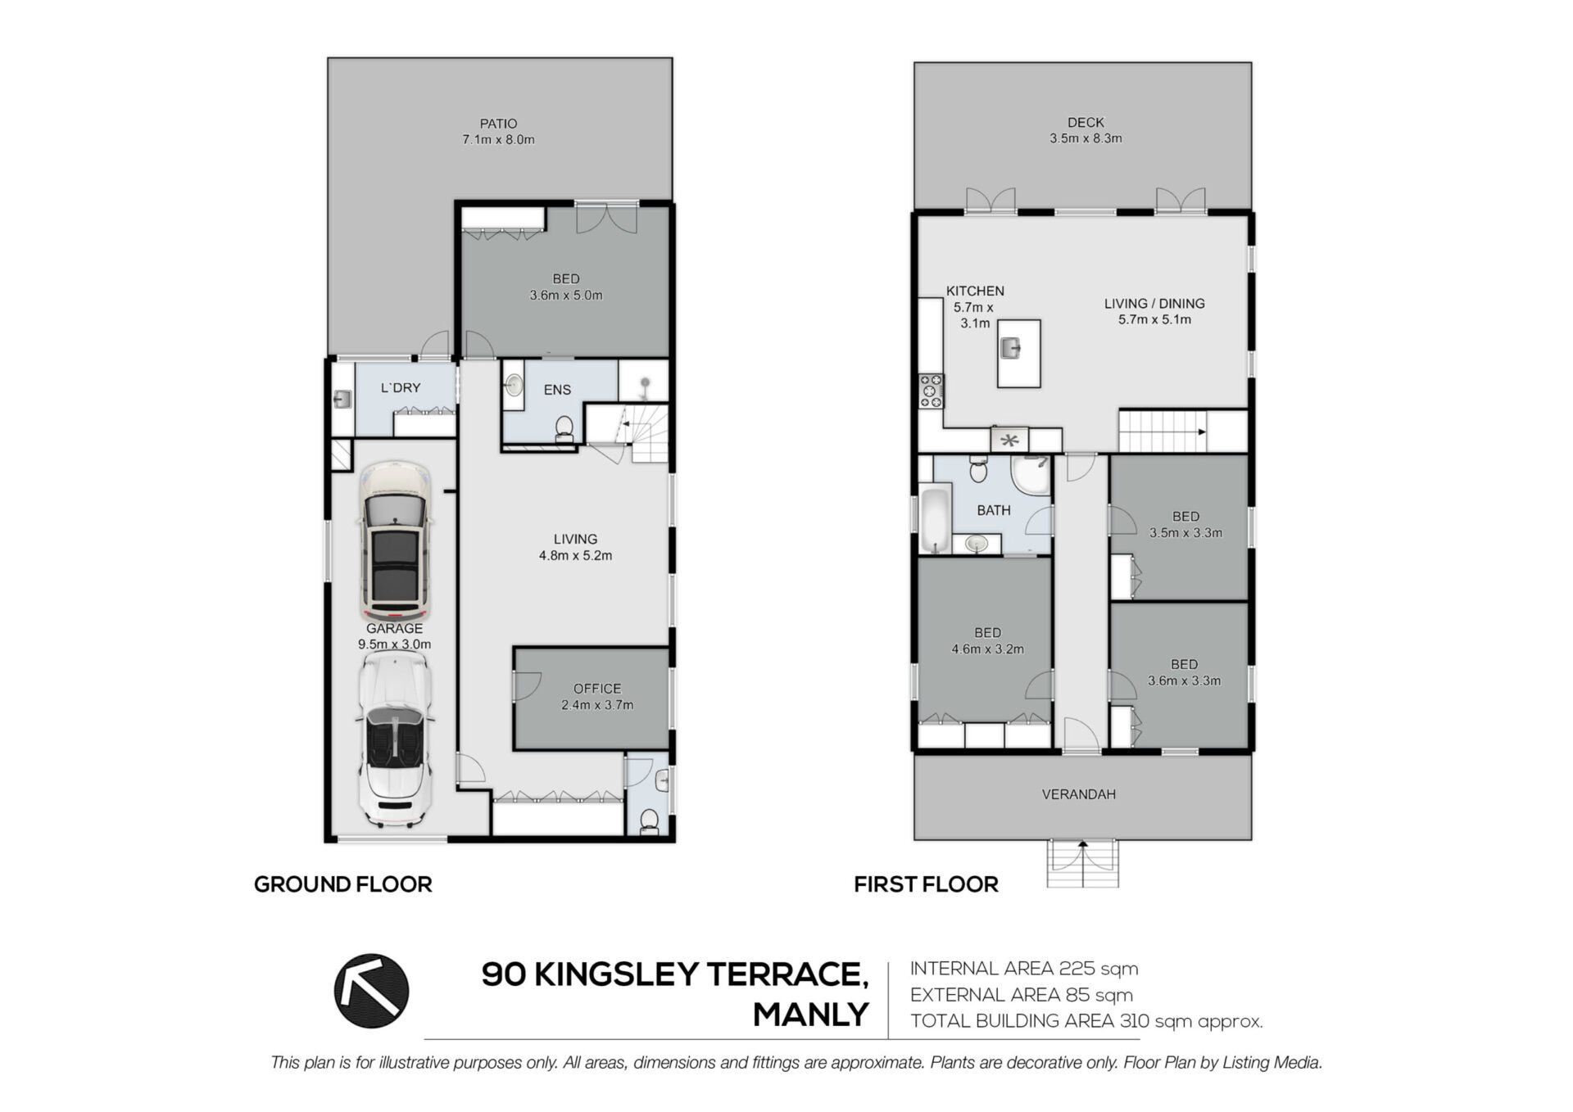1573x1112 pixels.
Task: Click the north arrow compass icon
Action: point(371,991)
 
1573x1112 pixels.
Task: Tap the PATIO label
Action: point(498,124)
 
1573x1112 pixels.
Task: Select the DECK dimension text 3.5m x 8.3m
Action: point(1086,138)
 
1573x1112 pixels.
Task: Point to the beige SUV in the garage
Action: point(394,541)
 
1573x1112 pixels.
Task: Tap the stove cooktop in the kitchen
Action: point(931,391)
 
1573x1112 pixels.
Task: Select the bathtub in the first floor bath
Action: point(935,520)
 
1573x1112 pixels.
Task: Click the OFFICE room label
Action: point(597,689)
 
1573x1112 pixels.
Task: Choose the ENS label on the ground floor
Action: point(557,390)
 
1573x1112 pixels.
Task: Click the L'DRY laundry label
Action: point(401,387)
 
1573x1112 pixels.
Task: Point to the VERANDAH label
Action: point(1078,794)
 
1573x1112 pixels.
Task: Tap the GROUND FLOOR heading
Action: point(342,884)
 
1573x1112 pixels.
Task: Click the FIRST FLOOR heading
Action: point(926,884)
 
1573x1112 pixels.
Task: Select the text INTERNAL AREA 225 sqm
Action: point(1024,969)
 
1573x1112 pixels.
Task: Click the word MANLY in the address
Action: point(810,1015)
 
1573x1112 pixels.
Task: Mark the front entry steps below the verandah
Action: point(1082,863)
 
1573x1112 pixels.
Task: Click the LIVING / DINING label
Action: point(1154,304)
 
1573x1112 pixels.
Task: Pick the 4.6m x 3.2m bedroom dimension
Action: point(987,649)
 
